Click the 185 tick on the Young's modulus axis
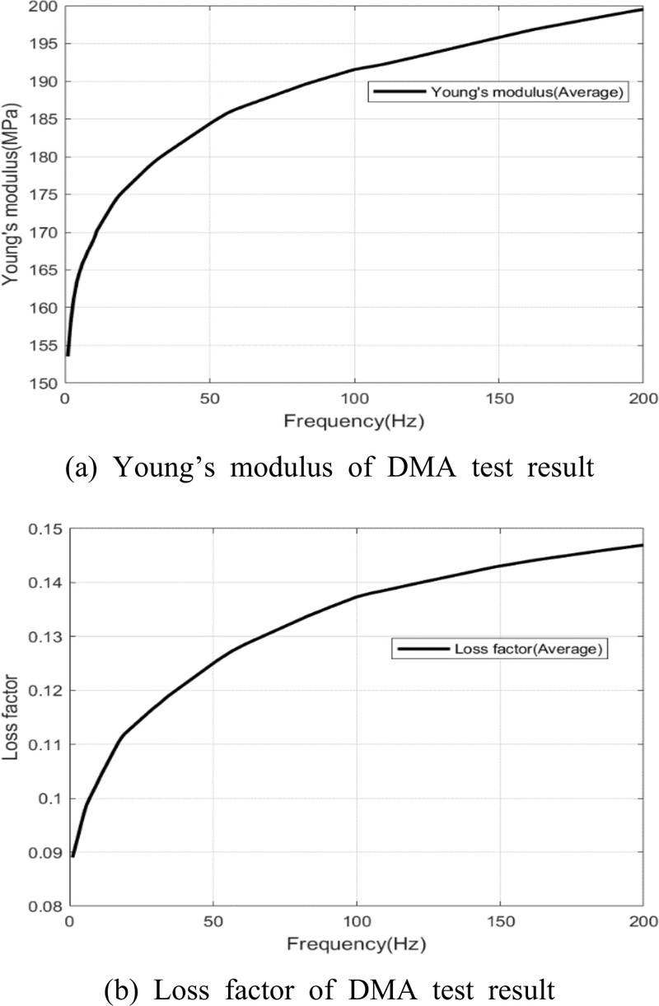point(48,119)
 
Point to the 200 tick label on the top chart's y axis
point(48,7)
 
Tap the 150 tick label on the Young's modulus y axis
point(48,384)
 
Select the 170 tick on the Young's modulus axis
point(48,233)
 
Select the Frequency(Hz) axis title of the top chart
point(354,423)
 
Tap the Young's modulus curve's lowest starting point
point(68,355)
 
